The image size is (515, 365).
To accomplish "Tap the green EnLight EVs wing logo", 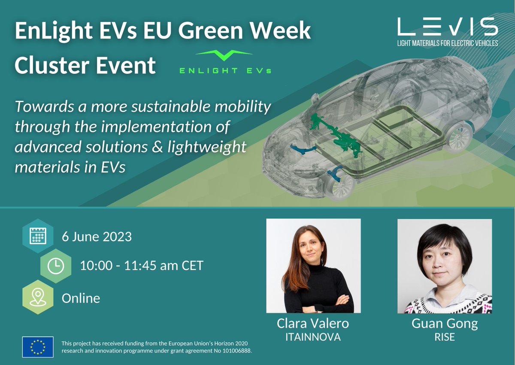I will [224, 61].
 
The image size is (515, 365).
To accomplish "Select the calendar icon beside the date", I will [38, 236].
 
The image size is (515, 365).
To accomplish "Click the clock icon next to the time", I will [55, 266].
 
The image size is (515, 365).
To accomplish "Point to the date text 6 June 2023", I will [97, 236].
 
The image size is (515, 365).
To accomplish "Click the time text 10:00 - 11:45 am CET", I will [142, 266].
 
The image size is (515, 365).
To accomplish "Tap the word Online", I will [81, 298].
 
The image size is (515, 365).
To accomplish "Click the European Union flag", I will [38, 347].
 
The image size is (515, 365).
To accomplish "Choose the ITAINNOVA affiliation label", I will [313, 337].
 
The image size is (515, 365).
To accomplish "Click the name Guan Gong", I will [444, 323].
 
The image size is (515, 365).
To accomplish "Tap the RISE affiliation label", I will [444, 337].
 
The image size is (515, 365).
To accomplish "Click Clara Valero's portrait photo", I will [313, 265].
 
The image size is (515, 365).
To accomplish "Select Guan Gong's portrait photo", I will [444, 265].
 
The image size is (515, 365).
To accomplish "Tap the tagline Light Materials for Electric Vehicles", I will [448, 43].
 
